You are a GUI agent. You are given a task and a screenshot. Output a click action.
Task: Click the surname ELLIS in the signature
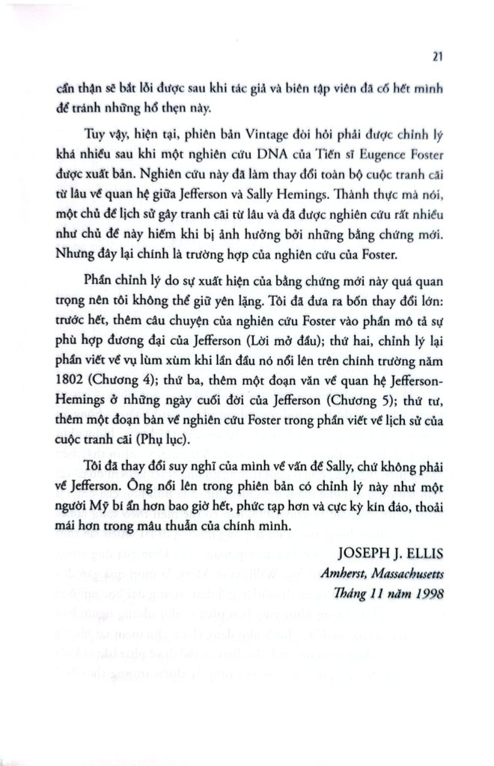[421, 555]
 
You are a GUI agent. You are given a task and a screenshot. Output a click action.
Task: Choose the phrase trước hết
[80, 334]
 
